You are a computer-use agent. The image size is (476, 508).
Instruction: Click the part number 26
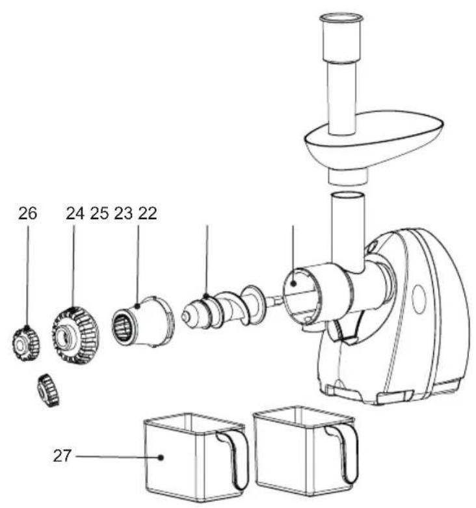tap(27, 213)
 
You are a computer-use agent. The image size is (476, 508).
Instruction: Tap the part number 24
tap(75, 213)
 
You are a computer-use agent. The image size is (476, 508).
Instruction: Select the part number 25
tap(99, 213)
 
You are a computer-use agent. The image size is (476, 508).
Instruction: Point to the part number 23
tap(124, 213)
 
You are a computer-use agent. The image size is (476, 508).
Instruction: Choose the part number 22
tap(148, 213)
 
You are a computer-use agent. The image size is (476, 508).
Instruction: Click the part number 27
tap(62, 456)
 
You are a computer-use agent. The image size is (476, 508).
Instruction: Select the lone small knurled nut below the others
tap(48, 390)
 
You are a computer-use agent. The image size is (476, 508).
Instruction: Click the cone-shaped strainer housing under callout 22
tap(143, 322)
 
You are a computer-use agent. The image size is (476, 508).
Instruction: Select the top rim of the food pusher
tap(341, 18)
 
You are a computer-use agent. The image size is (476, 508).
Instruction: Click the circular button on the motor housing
tap(419, 299)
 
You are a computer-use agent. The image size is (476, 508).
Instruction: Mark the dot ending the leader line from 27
tap(160, 457)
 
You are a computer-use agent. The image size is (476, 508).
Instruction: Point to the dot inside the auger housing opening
tap(293, 284)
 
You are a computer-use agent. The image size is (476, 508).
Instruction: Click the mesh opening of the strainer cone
tap(122, 326)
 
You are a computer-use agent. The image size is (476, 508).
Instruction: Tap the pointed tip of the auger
tap(185, 315)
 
